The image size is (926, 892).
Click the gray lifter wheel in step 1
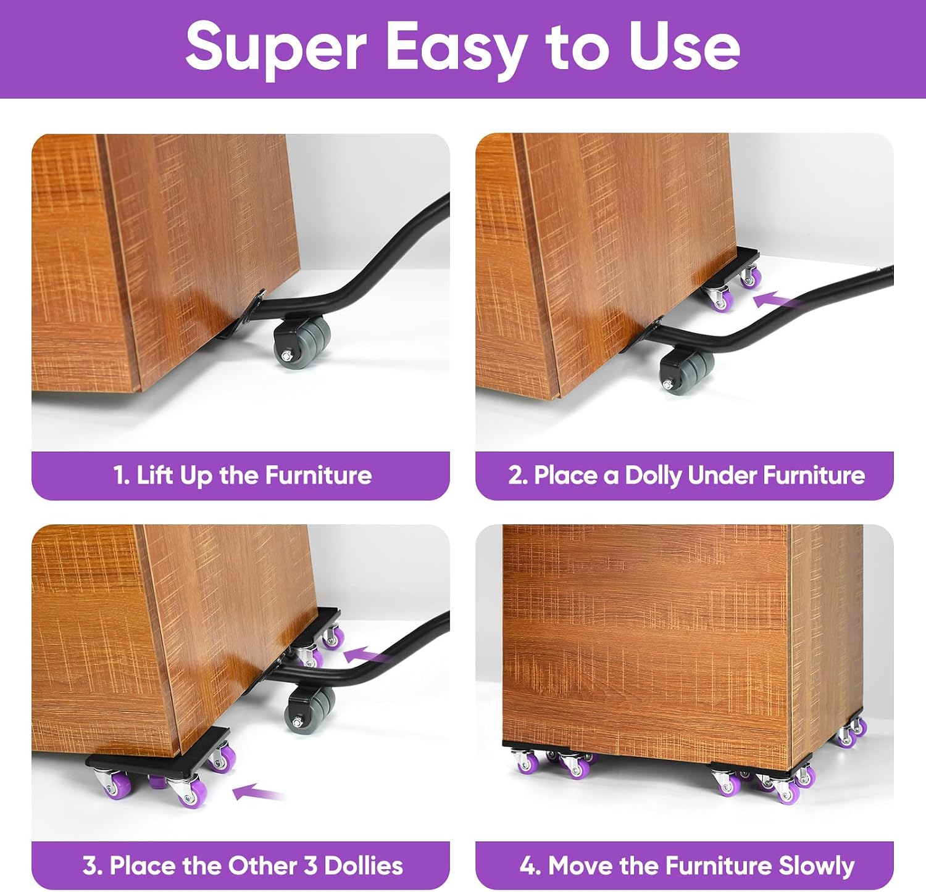[x=302, y=343]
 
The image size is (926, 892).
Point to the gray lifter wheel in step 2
[x=687, y=370]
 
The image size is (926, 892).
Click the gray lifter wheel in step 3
[x=310, y=709]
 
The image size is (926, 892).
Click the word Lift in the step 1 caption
[x=154, y=476]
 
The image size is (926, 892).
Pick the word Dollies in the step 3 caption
[x=364, y=865]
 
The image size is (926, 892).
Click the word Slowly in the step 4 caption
[x=817, y=866]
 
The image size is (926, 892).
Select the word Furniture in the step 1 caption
[x=319, y=476]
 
